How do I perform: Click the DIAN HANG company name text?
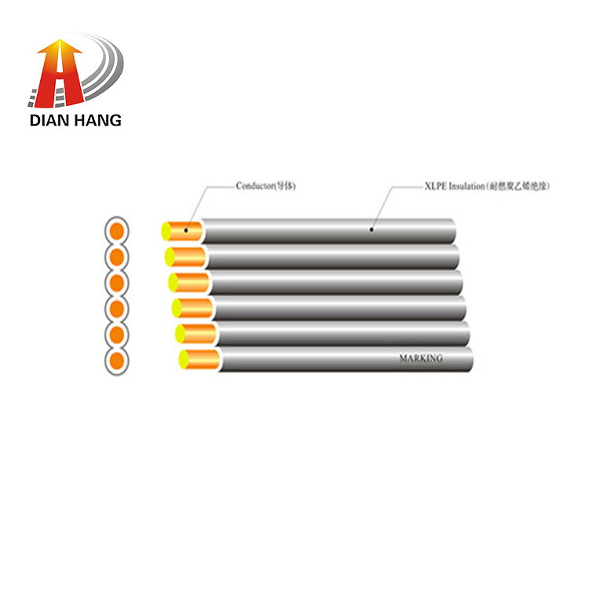[x=75, y=120]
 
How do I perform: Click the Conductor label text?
[x=265, y=186]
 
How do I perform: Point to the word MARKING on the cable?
[x=420, y=358]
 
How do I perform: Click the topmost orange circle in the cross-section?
[x=116, y=231]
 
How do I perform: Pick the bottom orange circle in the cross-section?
[x=116, y=362]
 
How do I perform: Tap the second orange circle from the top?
[x=116, y=257]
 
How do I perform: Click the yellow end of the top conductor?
[x=166, y=231]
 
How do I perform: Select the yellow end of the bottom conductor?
[x=184, y=360]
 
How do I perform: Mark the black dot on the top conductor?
[x=186, y=231]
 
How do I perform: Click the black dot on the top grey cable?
[x=371, y=230]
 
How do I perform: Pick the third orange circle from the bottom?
[x=116, y=309]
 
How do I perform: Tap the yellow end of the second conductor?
[x=169, y=256]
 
